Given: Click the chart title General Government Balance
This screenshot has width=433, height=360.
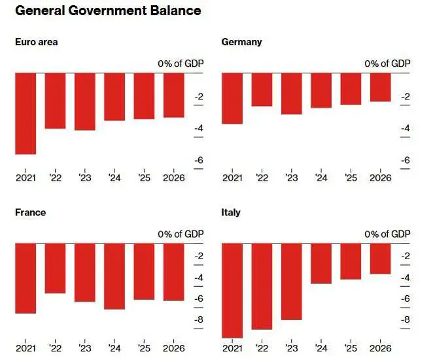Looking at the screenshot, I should pos(108,11).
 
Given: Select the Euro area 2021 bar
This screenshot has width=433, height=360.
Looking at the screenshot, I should pos(26,113).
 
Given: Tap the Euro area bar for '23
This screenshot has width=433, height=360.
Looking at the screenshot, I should pos(84,101).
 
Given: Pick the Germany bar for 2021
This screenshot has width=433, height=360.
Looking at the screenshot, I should pos(232,98).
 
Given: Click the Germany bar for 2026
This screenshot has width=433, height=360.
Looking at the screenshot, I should pos(380,87).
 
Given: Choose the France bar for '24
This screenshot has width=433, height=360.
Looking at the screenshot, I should pos(114,276).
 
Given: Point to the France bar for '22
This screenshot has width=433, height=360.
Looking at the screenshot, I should pos(55,268).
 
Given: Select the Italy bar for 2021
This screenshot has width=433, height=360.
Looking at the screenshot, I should pos(232,291).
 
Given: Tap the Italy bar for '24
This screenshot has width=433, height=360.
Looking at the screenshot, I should pos(321,264).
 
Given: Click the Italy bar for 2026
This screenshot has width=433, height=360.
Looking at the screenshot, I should pos(380,259).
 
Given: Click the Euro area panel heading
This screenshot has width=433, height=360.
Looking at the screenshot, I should pos(36,42).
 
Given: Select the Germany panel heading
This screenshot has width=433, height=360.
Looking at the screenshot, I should pos(241,42).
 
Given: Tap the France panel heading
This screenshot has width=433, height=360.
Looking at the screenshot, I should pos(30,213).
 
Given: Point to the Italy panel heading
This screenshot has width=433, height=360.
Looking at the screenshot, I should pos(231,213).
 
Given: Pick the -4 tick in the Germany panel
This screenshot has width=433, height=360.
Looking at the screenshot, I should pos(405,128).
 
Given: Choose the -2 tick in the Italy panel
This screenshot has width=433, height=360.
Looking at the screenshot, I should pos(405,256).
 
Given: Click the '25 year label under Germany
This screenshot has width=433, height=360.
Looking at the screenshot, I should pos(351,177).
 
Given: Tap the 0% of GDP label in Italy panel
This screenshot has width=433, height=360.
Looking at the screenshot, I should pos(387,234).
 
